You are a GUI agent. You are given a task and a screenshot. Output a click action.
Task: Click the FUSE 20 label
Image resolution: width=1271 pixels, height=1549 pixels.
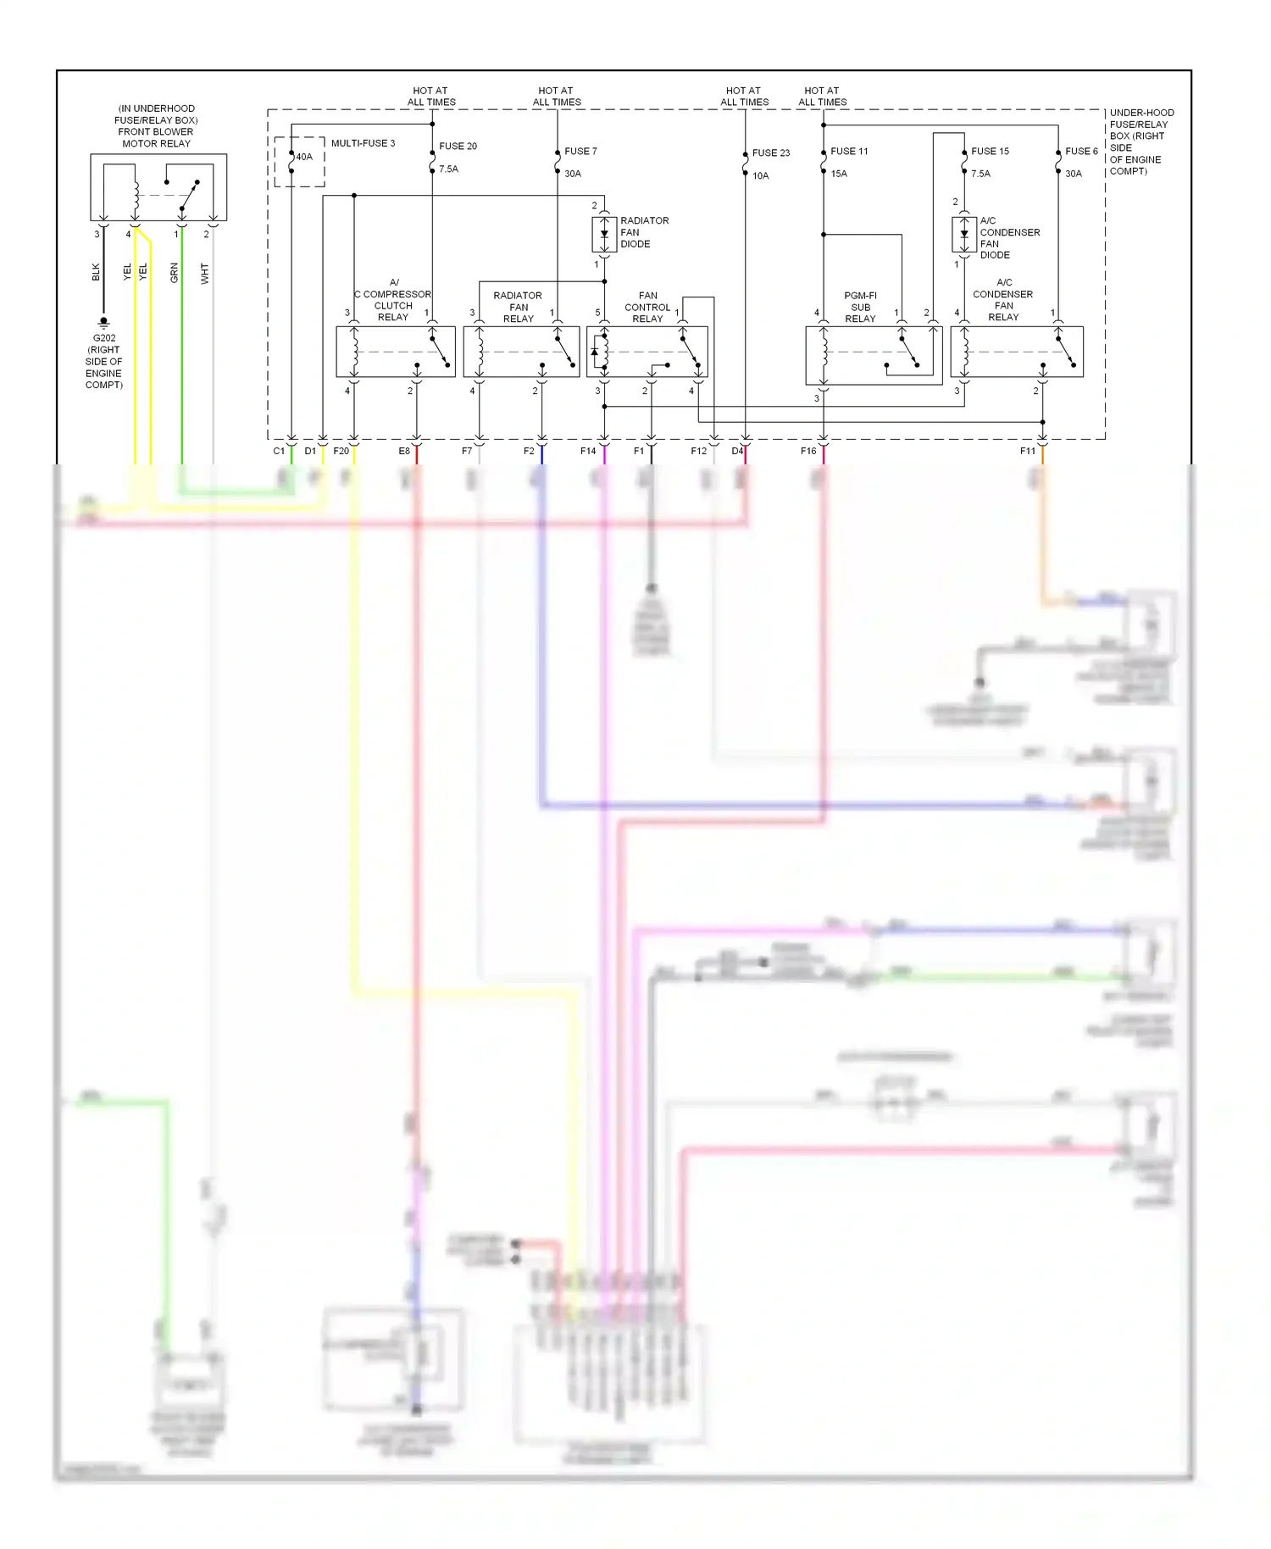pyautogui.click(x=458, y=146)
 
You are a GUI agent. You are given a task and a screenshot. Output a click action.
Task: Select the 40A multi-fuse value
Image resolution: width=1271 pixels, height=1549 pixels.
pyautogui.click(x=304, y=157)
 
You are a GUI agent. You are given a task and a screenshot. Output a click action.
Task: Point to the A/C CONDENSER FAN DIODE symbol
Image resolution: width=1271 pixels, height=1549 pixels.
pyautogui.click(x=963, y=234)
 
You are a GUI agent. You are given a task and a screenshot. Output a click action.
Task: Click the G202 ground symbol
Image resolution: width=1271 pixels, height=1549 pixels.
pyautogui.click(x=103, y=323)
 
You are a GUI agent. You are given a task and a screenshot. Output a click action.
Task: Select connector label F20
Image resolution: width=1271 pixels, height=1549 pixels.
pyautogui.click(x=341, y=451)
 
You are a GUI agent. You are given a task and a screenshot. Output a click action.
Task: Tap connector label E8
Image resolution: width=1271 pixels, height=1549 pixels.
pyautogui.click(x=404, y=451)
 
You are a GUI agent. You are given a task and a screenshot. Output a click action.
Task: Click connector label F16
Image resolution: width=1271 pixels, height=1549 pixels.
pyautogui.click(x=808, y=451)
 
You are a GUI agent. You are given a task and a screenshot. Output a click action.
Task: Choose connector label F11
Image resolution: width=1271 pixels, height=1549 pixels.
pyautogui.click(x=1027, y=451)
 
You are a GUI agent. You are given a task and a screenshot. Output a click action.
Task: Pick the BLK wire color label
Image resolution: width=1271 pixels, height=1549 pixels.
pyautogui.click(x=96, y=272)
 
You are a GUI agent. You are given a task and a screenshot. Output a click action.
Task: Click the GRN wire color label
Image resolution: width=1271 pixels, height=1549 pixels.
pyautogui.click(x=175, y=272)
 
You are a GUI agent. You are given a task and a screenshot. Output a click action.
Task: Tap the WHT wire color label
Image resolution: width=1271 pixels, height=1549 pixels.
pyautogui.click(x=204, y=273)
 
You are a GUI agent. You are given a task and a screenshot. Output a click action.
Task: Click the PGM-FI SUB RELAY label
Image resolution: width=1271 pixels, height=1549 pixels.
pyautogui.click(x=860, y=307)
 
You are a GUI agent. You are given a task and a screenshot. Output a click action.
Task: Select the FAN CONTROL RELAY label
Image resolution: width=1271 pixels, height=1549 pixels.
pyautogui.click(x=647, y=307)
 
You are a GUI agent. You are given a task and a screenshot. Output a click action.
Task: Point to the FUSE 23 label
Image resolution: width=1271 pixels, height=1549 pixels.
pyautogui.click(x=770, y=153)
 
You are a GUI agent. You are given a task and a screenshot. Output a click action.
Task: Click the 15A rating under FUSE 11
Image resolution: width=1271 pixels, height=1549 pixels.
pyautogui.click(x=839, y=174)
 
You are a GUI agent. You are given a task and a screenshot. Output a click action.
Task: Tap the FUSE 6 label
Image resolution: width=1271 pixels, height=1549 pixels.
pyautogui.click(x=1081, y=151)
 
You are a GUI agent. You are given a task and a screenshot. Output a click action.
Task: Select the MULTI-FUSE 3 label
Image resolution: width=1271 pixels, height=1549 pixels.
pyautogui.click(x=363, y=143)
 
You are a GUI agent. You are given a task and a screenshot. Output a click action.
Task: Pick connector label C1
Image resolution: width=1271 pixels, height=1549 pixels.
pyautogui.click(x=279, y=451)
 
